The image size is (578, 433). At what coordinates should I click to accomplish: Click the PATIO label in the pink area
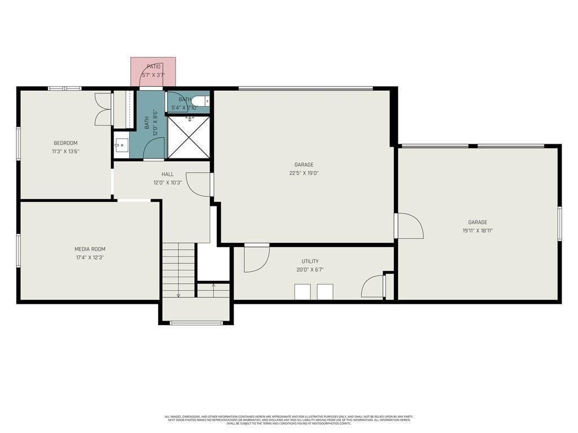coord(154,67)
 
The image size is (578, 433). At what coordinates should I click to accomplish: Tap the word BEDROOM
coord(65,143)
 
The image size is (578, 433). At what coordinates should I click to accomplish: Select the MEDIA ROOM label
coord(90,249)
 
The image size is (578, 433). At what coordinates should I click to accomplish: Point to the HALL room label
coord(168,174)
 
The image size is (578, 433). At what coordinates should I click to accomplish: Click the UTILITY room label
coord(310,261)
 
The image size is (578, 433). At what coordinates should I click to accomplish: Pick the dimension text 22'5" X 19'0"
coord(304,173)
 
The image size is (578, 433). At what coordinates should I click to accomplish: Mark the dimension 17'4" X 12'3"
coord(90,257)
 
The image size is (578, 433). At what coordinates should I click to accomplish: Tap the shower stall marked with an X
coord(189,137)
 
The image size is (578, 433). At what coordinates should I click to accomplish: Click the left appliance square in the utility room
coord(303,292)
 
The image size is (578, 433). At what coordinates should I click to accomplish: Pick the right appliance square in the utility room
coord(325,292)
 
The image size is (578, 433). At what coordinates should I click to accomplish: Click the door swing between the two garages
coord(409,226)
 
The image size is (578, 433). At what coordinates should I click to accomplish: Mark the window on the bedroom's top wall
coord(64,89)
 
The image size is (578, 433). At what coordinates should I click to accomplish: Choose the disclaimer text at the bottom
coord(289,419)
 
